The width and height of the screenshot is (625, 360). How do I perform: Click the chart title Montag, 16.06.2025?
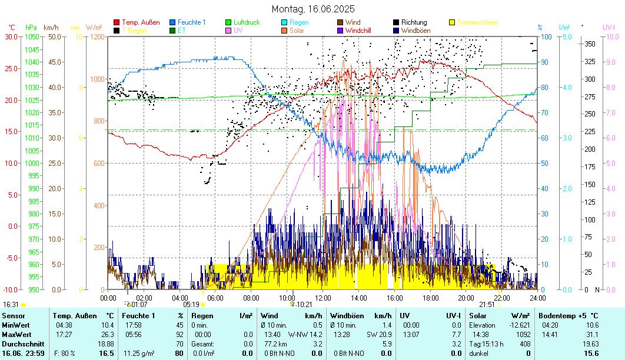312,9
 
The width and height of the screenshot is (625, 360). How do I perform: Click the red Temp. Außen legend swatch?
117,22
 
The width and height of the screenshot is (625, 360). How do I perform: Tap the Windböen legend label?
416,30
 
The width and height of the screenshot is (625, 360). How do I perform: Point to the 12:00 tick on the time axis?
323,298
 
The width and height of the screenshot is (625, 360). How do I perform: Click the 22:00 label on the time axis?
502,298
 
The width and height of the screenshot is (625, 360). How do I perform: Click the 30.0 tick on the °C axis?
12,37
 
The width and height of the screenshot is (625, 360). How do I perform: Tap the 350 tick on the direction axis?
589,44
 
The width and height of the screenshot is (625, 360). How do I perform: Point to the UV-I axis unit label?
609,28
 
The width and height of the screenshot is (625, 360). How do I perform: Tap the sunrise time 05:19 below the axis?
191,305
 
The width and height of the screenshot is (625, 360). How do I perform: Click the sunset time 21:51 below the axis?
487,305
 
